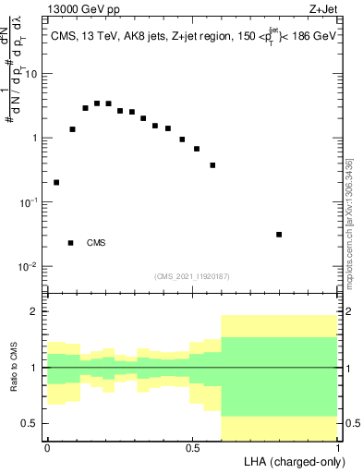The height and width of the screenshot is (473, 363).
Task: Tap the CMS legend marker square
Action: click(x=71, y=243)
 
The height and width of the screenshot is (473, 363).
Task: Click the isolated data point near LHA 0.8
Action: click(x=279, y=235)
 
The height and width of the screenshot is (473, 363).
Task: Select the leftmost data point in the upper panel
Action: click(x=56, y=182)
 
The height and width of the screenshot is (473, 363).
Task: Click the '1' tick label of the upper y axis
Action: click(x=34, y=138)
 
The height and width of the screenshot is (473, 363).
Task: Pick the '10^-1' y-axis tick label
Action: click(x=30, y=201)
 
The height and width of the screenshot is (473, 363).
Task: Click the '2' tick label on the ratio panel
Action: click(x=34, y=312)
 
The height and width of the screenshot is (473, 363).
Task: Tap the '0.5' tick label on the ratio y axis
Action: click(x=30, y=423)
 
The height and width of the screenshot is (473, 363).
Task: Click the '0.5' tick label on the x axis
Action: click(x=192, y=448)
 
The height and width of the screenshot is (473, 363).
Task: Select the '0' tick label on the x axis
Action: click(x=47, y=448)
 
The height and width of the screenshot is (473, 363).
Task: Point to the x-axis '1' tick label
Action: click(x=337, y=448)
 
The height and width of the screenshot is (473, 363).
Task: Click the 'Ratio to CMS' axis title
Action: click(x=14, y=368)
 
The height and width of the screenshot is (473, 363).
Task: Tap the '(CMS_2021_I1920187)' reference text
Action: click(x=191, y=275)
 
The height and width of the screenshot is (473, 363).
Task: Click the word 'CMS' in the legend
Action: click(x=96, y=243)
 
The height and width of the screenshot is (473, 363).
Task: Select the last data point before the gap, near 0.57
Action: click(x=212, y=165)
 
